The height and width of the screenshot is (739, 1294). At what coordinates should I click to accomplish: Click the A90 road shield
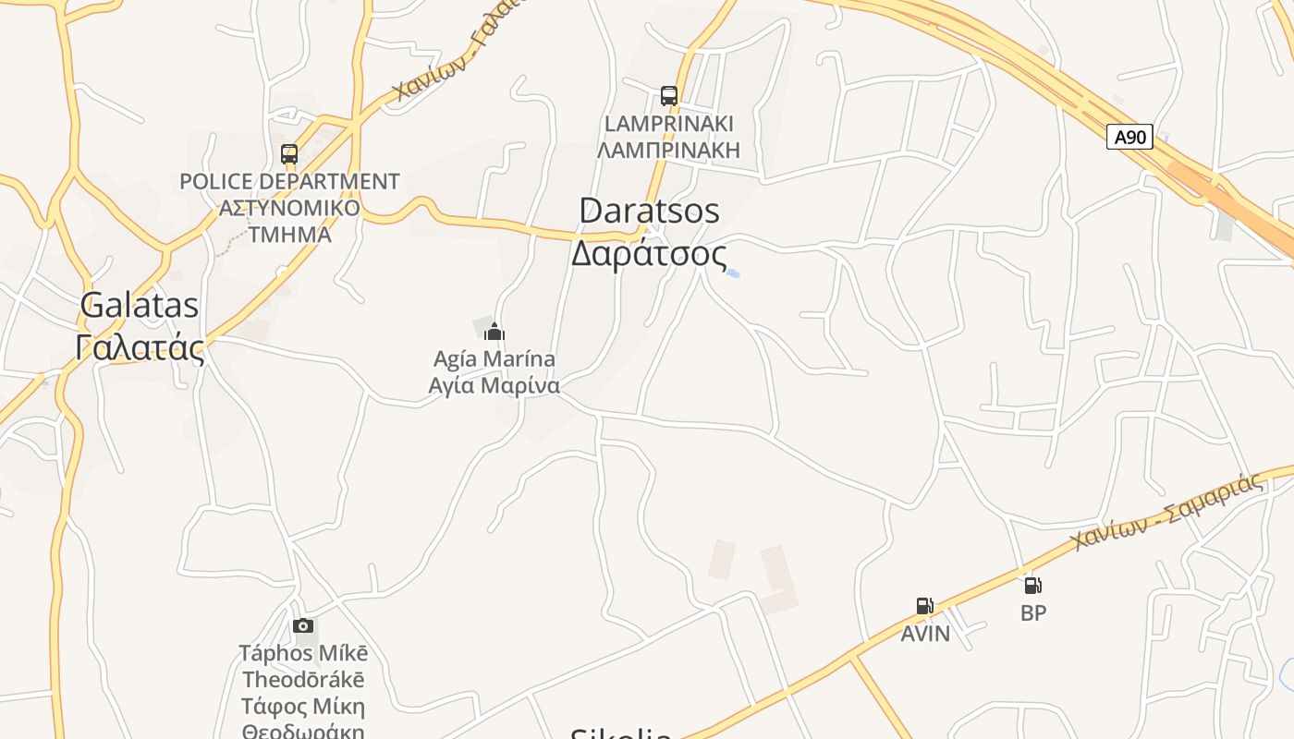1129,138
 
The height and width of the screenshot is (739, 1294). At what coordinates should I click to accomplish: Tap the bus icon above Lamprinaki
669,95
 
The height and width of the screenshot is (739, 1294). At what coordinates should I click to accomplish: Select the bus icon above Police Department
289,154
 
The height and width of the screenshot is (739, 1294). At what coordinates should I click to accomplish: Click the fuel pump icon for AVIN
924,606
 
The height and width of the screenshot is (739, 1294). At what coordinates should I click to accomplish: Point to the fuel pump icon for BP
1033,585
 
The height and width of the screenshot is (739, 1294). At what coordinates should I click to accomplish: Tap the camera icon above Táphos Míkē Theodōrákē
303,626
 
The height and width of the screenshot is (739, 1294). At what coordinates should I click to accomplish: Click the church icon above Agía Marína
494,332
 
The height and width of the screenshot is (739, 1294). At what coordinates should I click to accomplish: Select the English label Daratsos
649,211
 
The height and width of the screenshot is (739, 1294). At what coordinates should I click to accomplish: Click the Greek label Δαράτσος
649,252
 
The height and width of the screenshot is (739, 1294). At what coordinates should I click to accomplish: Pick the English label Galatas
140,305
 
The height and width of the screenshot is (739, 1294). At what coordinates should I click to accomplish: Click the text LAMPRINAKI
669,124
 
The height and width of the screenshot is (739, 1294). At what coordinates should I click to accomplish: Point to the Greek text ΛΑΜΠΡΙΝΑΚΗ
669,150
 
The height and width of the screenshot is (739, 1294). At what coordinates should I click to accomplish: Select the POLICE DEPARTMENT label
289,182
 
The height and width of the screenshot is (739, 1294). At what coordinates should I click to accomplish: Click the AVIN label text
925,634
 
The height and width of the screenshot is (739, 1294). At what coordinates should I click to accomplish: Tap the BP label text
1033,612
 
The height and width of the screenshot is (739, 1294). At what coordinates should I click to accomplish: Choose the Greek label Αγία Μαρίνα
494,385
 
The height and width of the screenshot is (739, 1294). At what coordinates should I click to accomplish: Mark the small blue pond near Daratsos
732,273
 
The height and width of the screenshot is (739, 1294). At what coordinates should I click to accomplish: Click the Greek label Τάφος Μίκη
303,708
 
